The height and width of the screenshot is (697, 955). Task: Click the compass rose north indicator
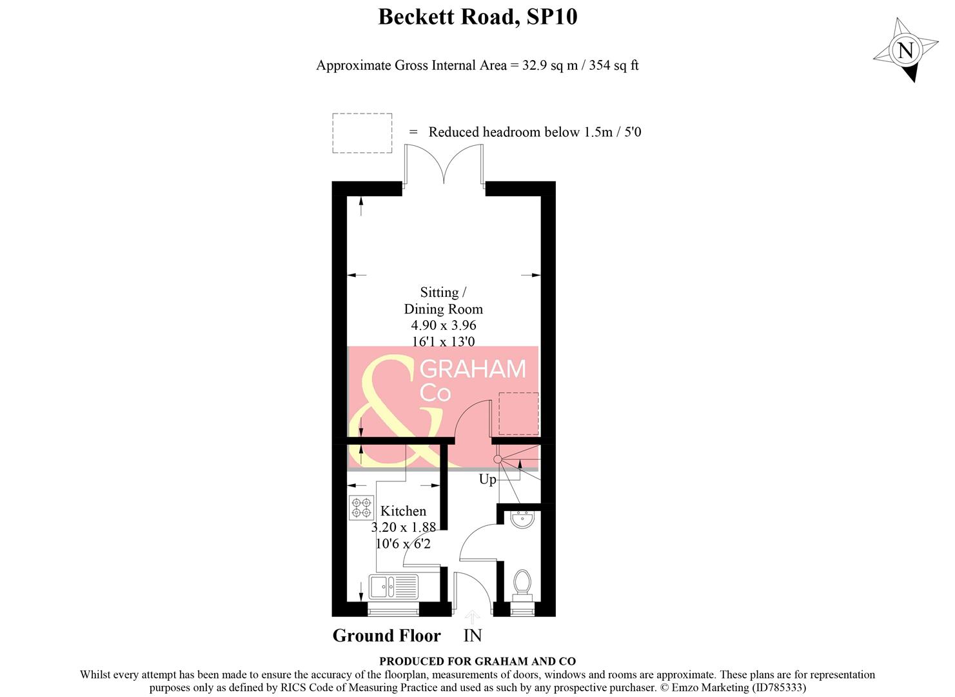tap(905, 50)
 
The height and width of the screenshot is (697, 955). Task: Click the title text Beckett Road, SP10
tap(477, 17)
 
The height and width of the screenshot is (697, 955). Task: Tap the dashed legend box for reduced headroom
tap(362, 133)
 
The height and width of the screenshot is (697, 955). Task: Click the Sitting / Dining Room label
tap(443, 301)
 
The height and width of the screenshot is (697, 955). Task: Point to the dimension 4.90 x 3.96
tap(444, 325)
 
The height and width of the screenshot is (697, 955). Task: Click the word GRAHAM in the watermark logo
tap(473, 369)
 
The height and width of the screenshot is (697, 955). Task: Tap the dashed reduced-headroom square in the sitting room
tap(518, 414)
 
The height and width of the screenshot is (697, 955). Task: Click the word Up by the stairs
tap(487, 480)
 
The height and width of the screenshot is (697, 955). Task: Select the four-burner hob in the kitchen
tap(361, 507)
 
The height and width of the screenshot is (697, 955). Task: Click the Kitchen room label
tap(403, 511)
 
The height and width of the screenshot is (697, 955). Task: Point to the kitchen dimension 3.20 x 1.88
tap(403, 527)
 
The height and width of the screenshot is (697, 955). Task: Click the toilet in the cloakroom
tap(522, 584)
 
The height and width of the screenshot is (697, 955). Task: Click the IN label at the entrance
tap(473, 636)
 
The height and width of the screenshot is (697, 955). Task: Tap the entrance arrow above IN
tap(472, 618)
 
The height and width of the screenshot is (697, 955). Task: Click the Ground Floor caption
tap(386, 636)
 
